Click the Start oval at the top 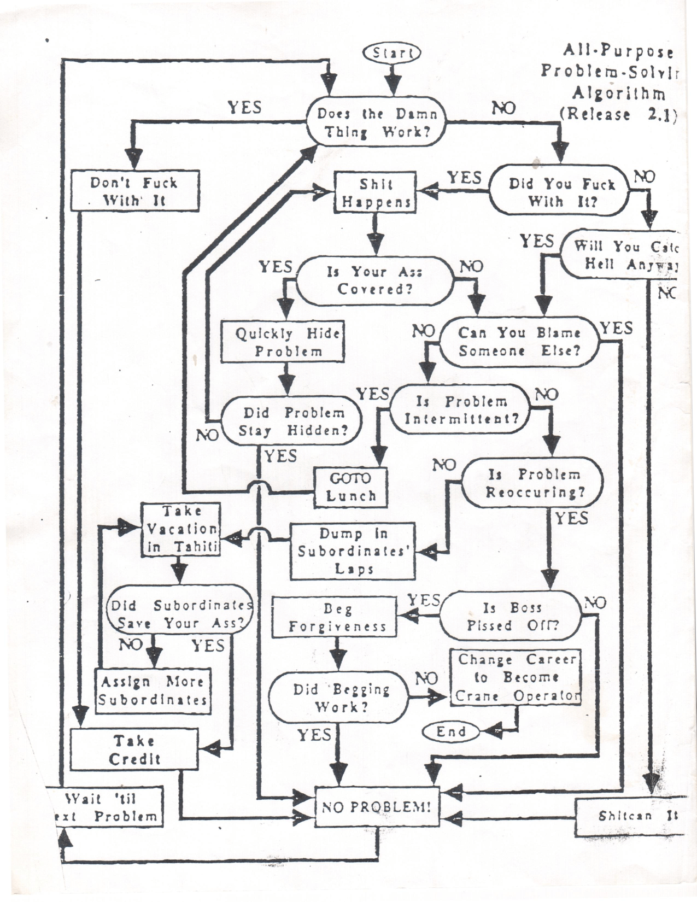(x=392, y=52)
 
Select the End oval (x=452, y=731)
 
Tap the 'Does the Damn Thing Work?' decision (x=377, y=122)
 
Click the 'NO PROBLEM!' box (x=377, y=806)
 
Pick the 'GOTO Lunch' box (x=351, y=487)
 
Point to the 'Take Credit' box (x=134, y=749)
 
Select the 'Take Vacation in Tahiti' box (x=181, y=529)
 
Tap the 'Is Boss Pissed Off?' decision (x=512, y=616)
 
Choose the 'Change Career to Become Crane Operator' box (x=515, y=677)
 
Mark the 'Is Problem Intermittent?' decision (x=460, y=410)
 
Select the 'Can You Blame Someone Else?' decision (x=519, y=341)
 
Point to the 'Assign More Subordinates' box (x=153, y=690)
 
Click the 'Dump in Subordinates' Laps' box (x=353, y=551)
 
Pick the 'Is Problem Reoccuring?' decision (x=533, y=483)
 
